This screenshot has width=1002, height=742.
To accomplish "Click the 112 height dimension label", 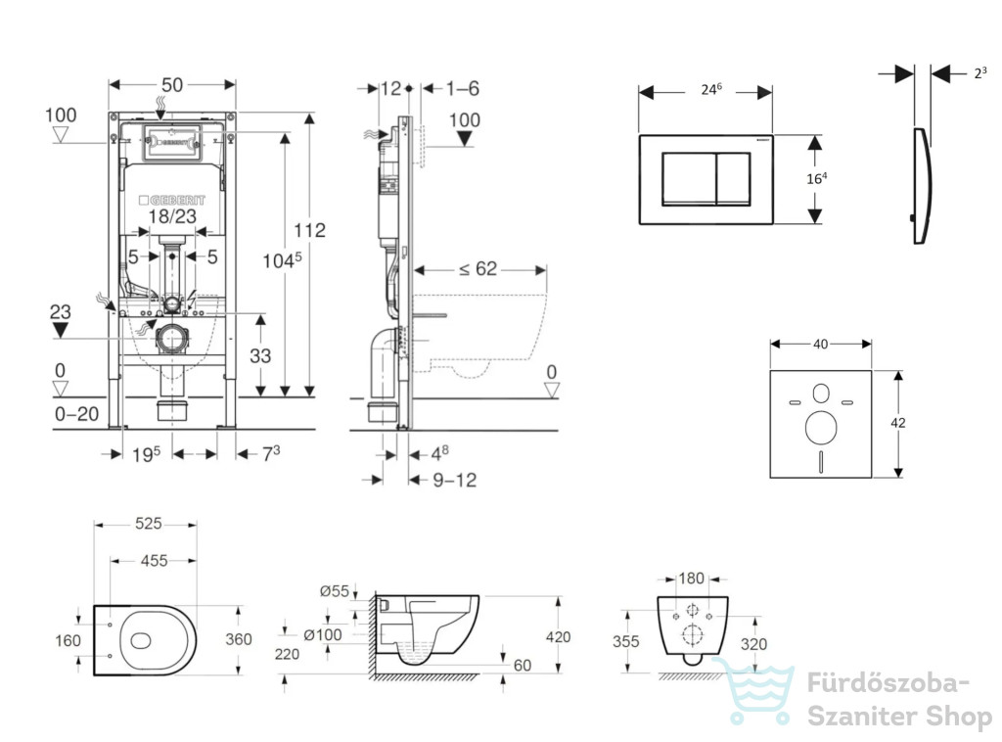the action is (x=310, y=230).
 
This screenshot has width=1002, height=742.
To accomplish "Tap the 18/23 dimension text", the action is (x=172, y=216).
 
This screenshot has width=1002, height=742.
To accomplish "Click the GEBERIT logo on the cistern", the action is (x=172, y=200).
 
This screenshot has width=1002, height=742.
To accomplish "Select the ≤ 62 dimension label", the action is (x=478, y=269).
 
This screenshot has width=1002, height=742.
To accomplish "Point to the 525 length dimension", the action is (x=149, y=524).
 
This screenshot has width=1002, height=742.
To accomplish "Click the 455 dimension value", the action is (x=154, y=561).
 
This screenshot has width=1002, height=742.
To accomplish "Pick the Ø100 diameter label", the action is (x=323, y=634).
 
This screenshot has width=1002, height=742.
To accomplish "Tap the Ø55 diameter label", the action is (x=335, y=591).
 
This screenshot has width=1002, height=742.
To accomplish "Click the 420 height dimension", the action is (x=558, y=636).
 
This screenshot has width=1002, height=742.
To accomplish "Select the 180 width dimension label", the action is (x=691, y=579).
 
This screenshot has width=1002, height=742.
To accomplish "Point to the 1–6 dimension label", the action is (x=463, y=88).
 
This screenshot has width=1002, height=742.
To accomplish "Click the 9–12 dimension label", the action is (x=455, y=480).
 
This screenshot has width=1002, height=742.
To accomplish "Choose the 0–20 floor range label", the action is (x=76, y=414).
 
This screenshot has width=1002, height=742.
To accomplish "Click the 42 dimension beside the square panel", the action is (x=898, y=423).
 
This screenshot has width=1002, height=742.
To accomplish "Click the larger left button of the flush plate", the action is (x=689, y=179).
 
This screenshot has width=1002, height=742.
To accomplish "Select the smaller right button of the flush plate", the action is (x=733, y=179).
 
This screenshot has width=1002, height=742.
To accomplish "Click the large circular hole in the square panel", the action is (x=821, y=428).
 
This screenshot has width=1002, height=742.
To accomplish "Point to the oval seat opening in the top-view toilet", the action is (x=141, y=640).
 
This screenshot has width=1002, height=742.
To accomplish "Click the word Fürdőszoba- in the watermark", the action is (x=888, y=683).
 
